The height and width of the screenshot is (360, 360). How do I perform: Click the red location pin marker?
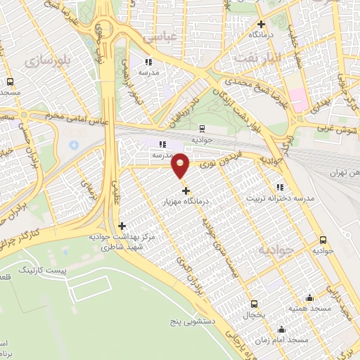[181, 165]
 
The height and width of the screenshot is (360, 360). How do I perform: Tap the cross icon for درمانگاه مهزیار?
[186, 191]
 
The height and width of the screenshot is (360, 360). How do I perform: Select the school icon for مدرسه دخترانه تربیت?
[280, 187]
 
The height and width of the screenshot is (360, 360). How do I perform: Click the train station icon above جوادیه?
[202, 128]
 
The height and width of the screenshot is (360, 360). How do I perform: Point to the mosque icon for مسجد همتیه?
[310, 297]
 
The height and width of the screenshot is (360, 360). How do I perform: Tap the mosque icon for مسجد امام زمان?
[282, 329]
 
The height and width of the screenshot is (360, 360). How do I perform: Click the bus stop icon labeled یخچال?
[254, 304]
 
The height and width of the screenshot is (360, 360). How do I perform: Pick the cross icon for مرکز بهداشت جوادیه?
[123, 226]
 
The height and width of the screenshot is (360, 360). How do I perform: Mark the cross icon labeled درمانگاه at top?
[260, 24]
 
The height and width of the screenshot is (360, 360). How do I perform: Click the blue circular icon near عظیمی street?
[75, 146]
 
